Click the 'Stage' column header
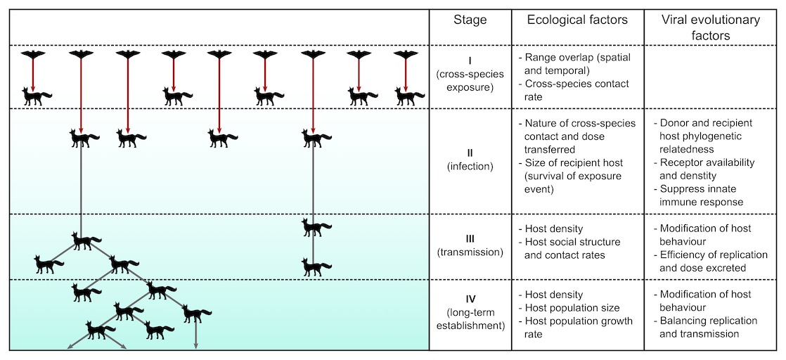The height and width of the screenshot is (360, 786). click(470, 20)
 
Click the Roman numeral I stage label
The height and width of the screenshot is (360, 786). click(470, 59)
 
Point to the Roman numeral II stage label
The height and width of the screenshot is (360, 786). click(470, 152)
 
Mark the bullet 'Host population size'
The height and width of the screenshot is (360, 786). click(569, 308)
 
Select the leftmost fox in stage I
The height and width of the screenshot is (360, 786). click(36, 96)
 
